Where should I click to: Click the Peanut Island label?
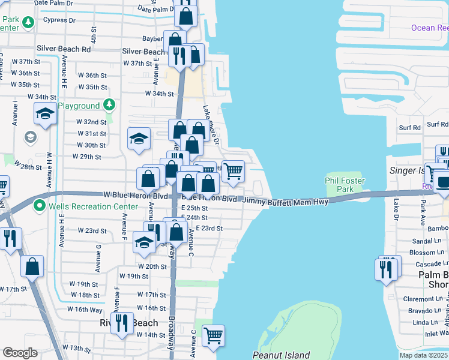(281, 355)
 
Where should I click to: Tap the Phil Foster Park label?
(345, 185)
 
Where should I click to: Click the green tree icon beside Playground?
(109, 106)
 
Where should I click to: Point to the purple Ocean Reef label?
(429, 28)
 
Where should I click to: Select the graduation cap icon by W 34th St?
(45, 113)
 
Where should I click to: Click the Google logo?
(20, 352)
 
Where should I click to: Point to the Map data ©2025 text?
(423, 355)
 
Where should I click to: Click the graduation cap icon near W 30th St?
(139, 139)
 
